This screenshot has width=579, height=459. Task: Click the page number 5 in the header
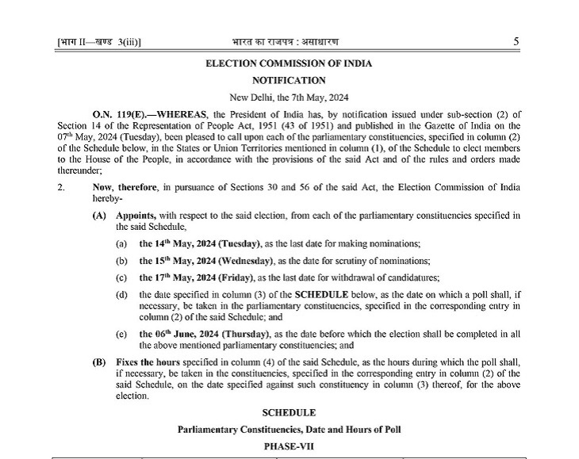tap(516, 41)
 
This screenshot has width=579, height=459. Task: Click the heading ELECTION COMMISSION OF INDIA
tap(289, 63)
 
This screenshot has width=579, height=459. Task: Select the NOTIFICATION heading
tap(289, 81)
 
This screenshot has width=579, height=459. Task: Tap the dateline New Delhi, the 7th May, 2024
tap(289, 98)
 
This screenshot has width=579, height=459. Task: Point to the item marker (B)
tap(99, 362)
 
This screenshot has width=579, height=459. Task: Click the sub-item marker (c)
tap(121, 277)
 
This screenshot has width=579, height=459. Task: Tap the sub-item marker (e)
tap(121, 334)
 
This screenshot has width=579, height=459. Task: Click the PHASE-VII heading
tap(289, 446)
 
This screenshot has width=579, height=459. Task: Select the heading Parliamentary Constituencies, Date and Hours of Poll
tap(289, 430)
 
